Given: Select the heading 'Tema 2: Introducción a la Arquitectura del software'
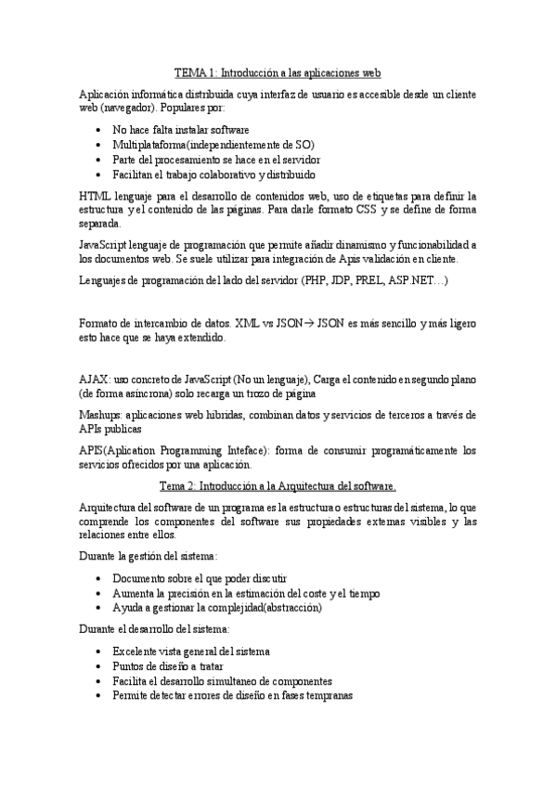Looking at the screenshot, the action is [278, 485].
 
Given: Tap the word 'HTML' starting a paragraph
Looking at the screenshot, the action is [95, 196].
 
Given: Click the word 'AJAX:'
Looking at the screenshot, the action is [96, 379].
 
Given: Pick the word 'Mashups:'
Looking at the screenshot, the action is [101, 415].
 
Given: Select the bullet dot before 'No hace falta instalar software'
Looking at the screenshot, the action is [99, 131].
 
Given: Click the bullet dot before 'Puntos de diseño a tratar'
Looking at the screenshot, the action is [99, 666].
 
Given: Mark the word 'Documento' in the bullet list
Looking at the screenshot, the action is [142, 578].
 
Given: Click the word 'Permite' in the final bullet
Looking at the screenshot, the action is [131, 695].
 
